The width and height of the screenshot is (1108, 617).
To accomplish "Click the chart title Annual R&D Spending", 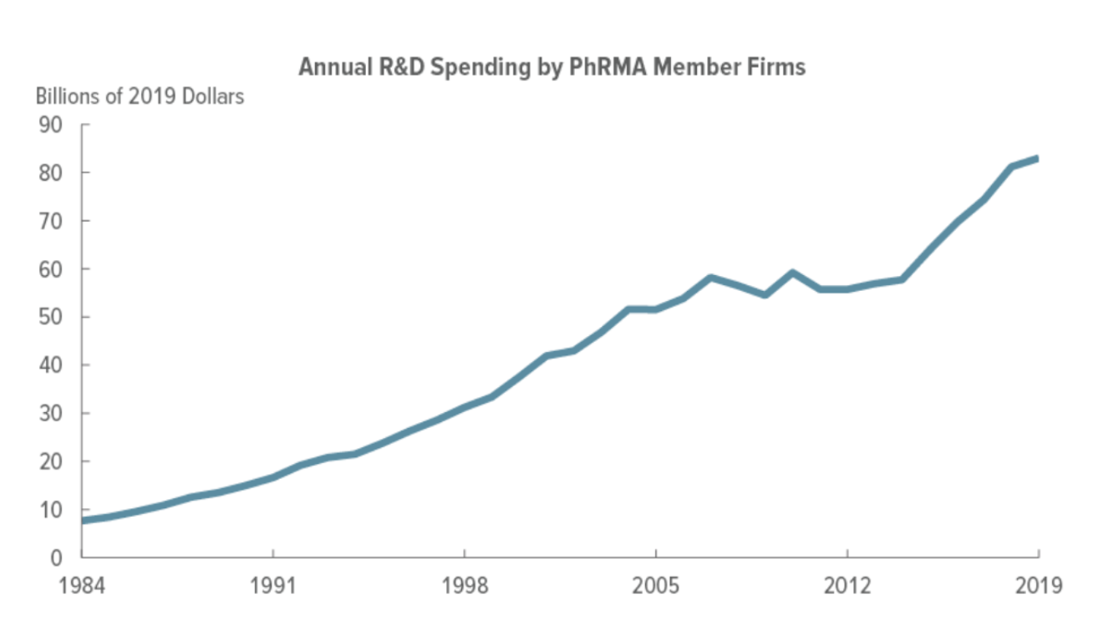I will click(x=551, y=67).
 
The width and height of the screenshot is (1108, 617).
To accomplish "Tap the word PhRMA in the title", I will click(x=604, y=67).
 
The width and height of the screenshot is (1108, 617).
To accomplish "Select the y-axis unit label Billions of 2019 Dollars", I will click(x=140, y=96).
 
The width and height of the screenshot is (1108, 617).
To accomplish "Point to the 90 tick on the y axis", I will click(x=51, y=125).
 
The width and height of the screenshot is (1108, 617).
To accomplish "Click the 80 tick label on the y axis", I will click(x=51, y=173).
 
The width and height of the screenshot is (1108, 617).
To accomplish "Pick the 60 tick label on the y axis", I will click(x=51, y=269).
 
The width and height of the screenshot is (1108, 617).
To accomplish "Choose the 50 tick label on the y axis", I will click(x=51, y=318).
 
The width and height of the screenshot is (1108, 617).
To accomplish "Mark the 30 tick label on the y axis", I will click(x=51, y=414).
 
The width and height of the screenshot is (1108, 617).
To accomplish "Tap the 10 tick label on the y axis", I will click(x=51, y=510).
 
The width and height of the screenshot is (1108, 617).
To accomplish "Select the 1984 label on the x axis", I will click(x=82, y=584).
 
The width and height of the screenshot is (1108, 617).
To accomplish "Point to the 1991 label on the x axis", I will click(x=273, y=584).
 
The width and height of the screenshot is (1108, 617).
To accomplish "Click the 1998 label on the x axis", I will click(x=465, y=584).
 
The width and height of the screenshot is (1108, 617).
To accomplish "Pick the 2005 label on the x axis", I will click(x=656, y=584).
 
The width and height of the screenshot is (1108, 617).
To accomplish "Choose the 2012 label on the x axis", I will click(x=847, y=584).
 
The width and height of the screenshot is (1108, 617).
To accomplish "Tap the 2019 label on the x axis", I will click(x=1039, y=584).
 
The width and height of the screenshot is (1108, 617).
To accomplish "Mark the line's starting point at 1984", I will click(x=83, y=520).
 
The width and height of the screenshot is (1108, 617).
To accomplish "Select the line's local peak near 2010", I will click(x=792, y=273).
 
